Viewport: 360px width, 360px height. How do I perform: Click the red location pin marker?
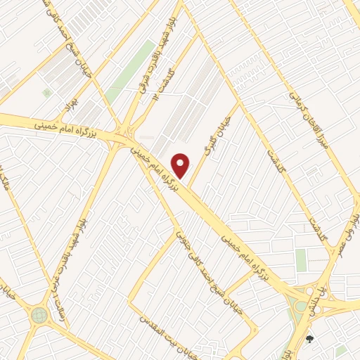181,165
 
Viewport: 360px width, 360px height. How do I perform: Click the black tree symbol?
309,340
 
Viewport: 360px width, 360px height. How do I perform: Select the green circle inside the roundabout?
38,316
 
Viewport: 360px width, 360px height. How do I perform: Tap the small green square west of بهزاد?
46,92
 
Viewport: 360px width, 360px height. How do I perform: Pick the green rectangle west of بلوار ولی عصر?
301,260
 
